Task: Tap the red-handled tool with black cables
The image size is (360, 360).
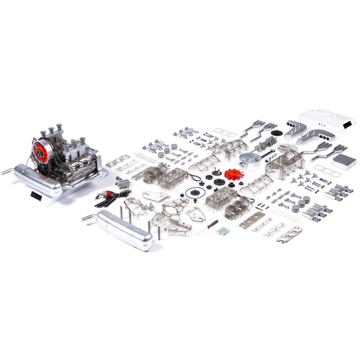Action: click(x=108, y=196)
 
